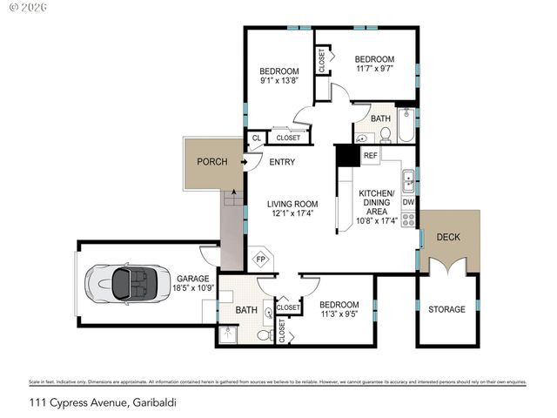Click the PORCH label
coord(211,162)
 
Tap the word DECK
coord(448,237)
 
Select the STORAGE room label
coord(446,309)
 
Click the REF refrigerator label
coord(370,156)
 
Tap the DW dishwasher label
coord(407,202)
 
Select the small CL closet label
coord(256,138)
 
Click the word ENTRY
coord(282,162)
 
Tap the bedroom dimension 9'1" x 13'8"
coord(279,81)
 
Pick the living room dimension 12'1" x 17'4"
coord(293,212)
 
